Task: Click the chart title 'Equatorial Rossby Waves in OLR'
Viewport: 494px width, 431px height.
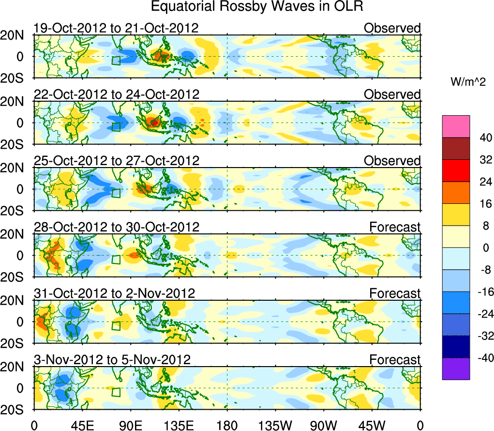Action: pos(257,7)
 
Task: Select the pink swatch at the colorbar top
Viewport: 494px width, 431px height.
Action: pos(456,126)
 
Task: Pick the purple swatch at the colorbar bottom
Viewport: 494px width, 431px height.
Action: pos(456,369)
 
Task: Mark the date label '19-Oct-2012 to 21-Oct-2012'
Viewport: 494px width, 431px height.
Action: pos(116,28)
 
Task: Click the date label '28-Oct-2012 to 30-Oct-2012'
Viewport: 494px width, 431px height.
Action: pos(116,227)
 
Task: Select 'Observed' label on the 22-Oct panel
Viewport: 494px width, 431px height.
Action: pos(392,94)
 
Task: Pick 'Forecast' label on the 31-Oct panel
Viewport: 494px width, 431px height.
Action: pos(395,293)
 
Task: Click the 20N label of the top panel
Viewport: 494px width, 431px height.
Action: pos(15,35)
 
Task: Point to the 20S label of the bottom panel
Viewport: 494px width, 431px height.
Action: pos(15,410)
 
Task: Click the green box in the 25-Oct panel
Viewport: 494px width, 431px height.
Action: pos(116,193)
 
